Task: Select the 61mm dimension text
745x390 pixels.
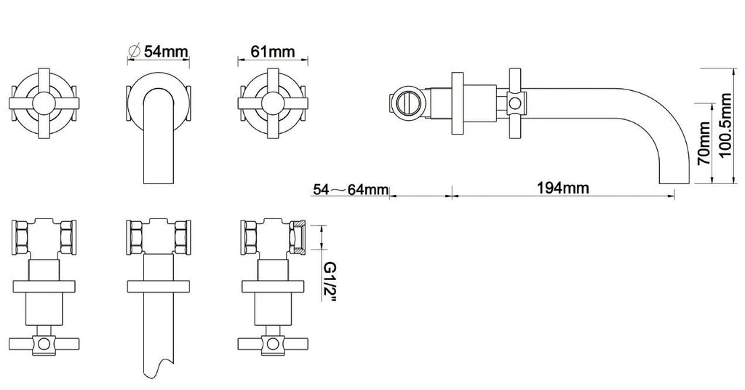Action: click(272, 50)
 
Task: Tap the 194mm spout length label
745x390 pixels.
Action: click(563, 188)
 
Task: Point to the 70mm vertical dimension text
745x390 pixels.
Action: click(704, 143)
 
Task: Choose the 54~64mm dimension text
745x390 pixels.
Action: click(351, 189)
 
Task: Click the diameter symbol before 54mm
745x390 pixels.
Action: click(135, 50)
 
